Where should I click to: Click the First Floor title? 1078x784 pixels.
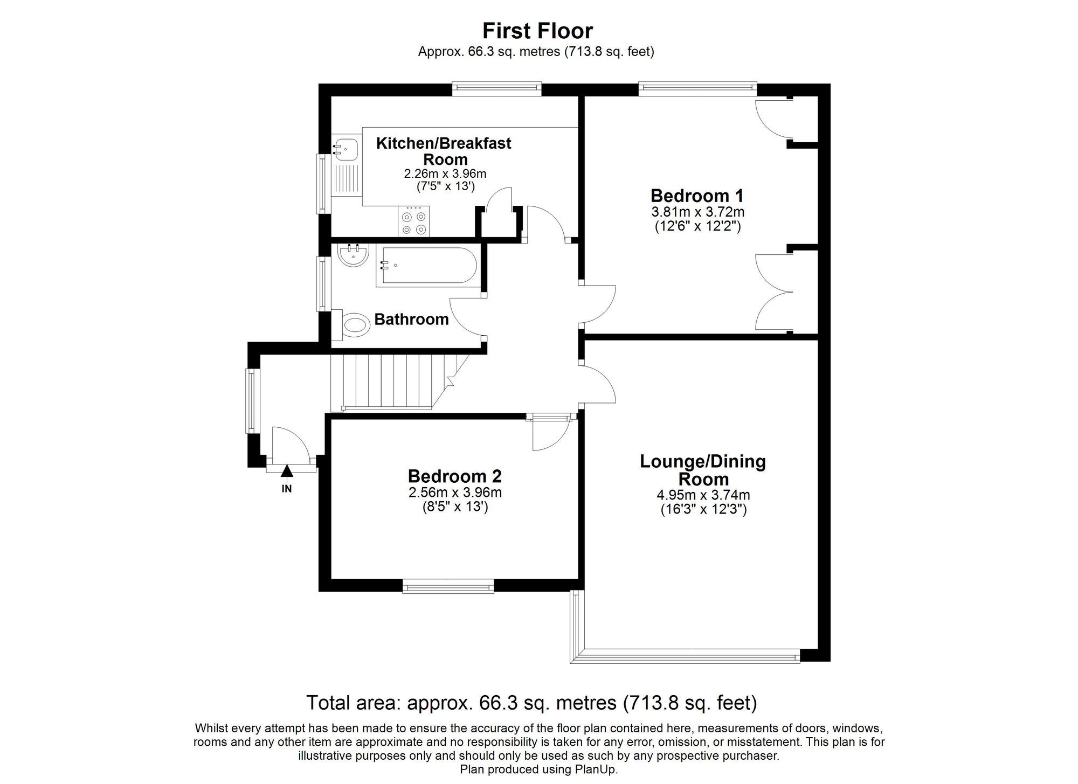point(537,31)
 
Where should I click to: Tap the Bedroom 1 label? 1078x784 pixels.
point(697,195)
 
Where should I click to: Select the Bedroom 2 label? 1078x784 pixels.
point(454,476)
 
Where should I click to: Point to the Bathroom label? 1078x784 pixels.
point(411,320)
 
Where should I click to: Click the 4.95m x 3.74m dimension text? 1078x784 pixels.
point(703,495)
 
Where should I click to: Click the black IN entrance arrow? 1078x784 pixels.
point(287,471)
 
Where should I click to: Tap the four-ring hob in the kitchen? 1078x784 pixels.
point(414,222)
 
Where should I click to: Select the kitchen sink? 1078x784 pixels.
point(345,148)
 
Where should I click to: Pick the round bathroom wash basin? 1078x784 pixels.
point(354,255)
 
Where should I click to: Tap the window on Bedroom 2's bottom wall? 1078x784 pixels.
point(448,586)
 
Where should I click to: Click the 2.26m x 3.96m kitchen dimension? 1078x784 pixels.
point(445,174)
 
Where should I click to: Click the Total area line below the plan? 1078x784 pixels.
point(531,703)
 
